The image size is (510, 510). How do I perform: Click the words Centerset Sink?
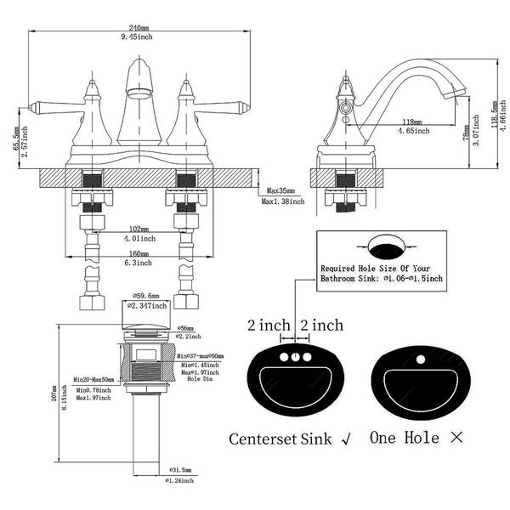point(281,439)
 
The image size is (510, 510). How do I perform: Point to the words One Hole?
point(405,439)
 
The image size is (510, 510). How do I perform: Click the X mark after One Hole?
point(456,439)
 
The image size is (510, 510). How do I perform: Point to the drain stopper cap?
point(143,319)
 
